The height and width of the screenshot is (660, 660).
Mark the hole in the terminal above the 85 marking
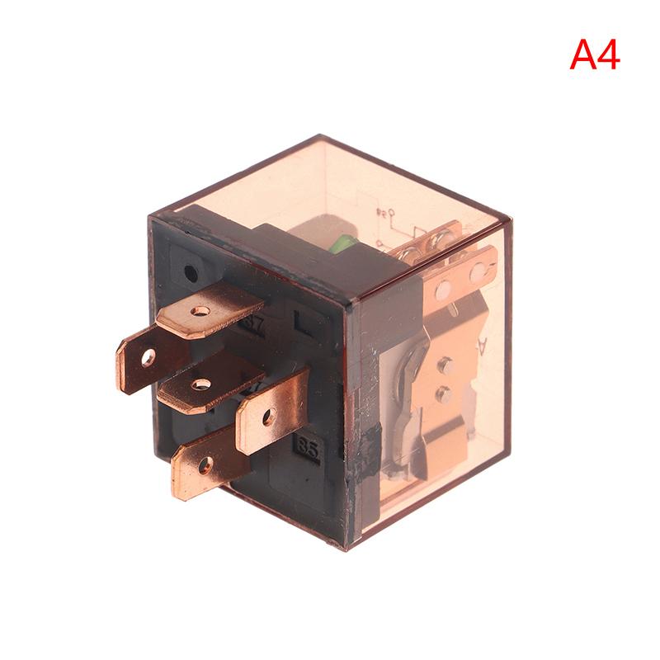click(268, 417)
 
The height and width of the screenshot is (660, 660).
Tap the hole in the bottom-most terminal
click(204, 464)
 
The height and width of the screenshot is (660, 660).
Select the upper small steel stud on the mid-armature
click(446, 362)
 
